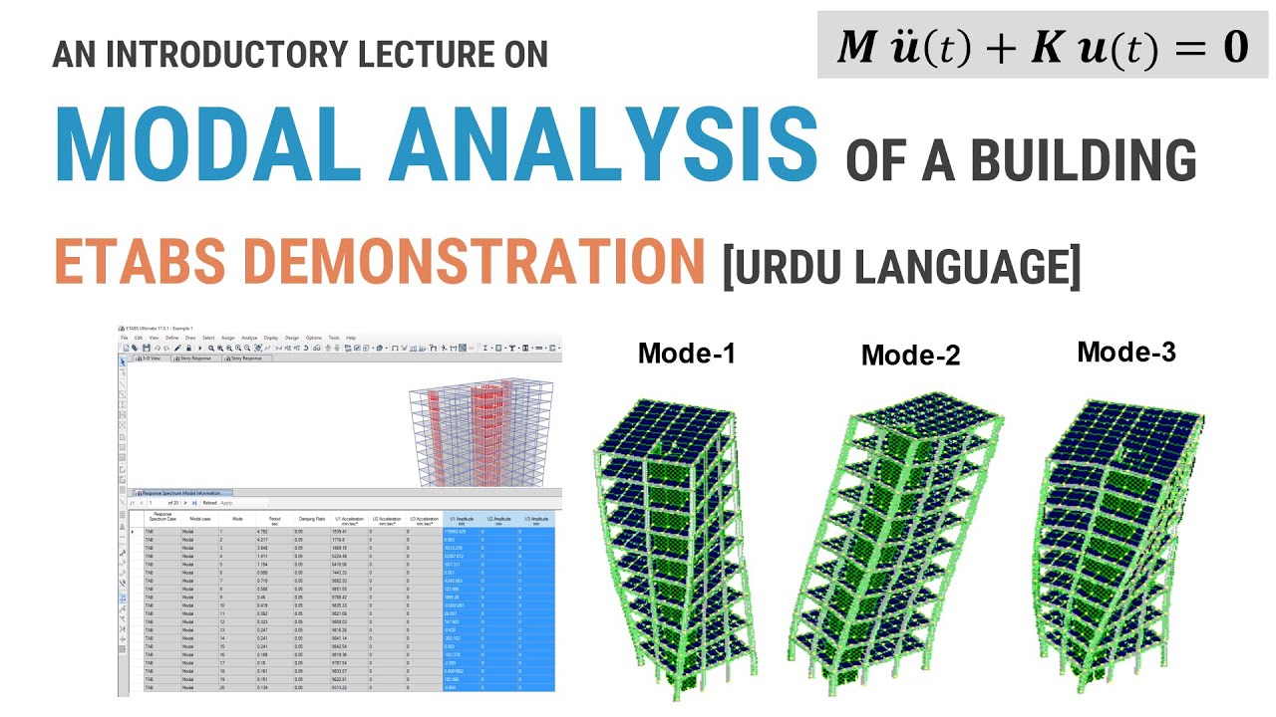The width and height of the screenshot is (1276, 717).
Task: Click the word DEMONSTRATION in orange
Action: [x=468, y=262]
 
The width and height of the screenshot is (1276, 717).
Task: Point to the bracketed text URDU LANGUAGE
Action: [x=901, y=267]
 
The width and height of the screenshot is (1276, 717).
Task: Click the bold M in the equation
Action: [x=855, y=47]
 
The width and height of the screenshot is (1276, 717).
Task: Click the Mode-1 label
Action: [x=687, y=353]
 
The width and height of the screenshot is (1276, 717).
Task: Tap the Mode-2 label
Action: [x=910, y=355]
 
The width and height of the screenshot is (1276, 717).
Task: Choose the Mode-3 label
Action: [x=1126, y=352]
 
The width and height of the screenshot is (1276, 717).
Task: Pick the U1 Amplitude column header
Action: [x=462, y=519]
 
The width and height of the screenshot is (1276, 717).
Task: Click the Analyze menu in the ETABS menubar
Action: [x=249, y=338]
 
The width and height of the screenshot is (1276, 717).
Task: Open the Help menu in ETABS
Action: [x=351, y=338]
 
